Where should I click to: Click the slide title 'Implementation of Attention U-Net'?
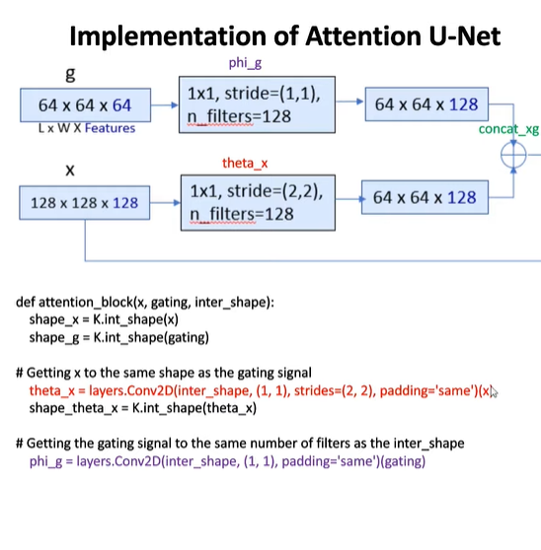pos(285,36)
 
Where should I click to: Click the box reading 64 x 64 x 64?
pos(84,104)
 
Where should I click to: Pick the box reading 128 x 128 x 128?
pos(84,202)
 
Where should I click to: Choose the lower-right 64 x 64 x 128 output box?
pos(424,197)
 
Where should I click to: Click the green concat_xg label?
pos(508,129)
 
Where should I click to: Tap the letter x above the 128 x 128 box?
pos(70,172)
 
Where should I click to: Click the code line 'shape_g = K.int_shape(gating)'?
pos(118,337)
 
